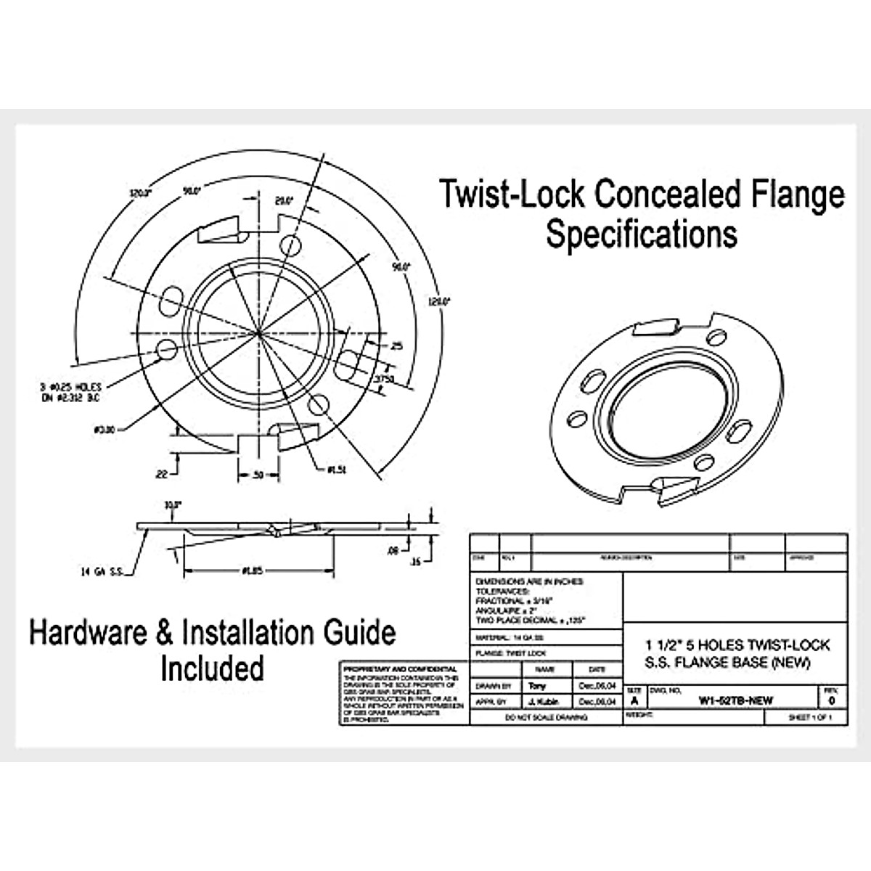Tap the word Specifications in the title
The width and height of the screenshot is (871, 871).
click(642, 234)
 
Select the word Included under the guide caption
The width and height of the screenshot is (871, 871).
click(212, 668)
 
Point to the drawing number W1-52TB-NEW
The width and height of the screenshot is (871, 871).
click(735, 700)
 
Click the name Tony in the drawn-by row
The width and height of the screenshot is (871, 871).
click(538, 686)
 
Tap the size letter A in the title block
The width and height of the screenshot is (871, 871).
click(634, 701)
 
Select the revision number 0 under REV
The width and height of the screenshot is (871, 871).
click(831, 701)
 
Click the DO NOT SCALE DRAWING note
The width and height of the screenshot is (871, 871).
click(547, 717)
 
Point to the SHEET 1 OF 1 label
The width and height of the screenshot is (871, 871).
click(809, 717)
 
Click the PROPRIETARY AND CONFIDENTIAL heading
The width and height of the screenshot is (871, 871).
click(400, 668)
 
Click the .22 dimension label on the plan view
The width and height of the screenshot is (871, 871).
click(160, 474)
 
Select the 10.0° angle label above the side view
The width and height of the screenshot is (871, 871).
click(171, 504)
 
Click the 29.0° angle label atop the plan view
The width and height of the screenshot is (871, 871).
click(283, 201)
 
